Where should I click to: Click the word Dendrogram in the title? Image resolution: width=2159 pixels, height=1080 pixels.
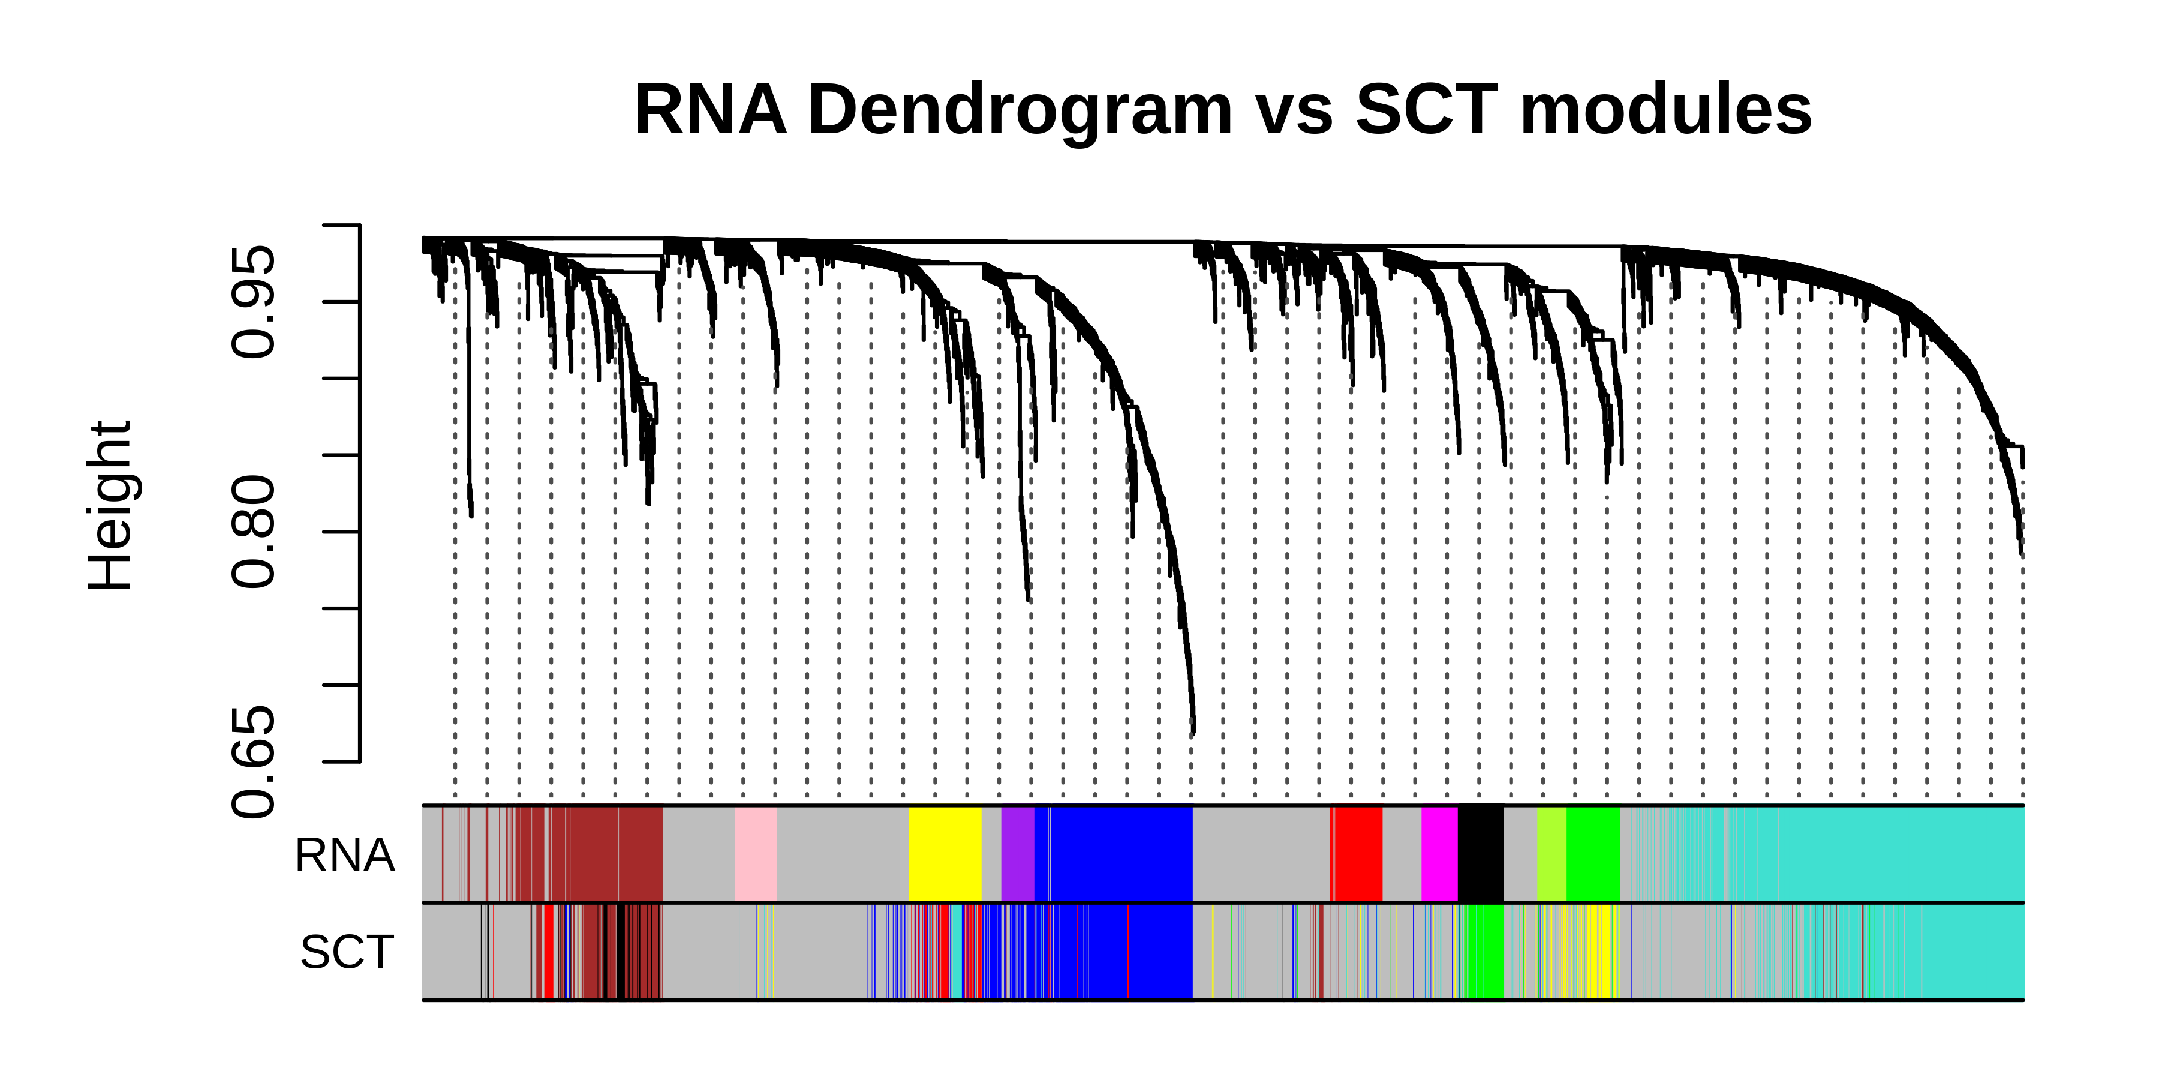(x=1019, y=110)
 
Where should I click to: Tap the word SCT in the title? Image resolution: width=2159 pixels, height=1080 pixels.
(x=1426, y=109)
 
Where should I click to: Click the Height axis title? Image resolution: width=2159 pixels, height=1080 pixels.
(x=110, y=506)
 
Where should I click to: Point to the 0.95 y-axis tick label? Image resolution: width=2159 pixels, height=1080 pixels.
(x=253, y=302)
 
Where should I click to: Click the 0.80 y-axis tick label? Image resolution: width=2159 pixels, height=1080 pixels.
(x=253, y=532)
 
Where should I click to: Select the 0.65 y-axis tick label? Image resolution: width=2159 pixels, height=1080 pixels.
(x=253, y=761)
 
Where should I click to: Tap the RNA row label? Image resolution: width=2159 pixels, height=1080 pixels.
(x=344, y=855)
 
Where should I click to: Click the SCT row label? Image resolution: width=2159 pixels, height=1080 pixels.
(x=347, y=953)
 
